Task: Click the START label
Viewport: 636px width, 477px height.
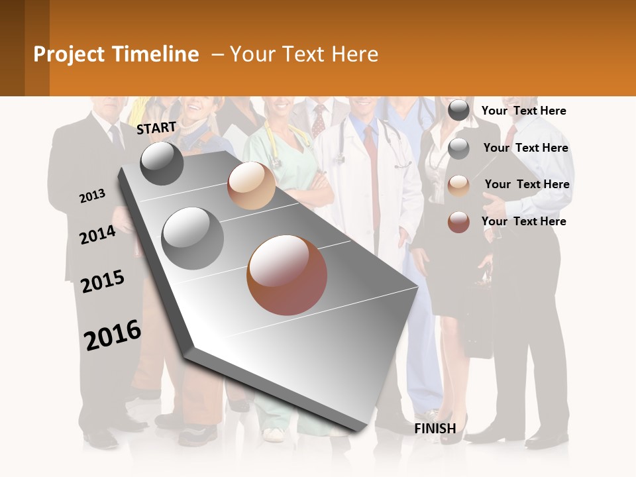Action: (x=156, y=128)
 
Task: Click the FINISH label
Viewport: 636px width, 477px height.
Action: (x=435, y=429)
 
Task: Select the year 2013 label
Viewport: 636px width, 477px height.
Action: (x=92, y=196)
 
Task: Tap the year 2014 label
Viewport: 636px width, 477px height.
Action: (x=97, y=235)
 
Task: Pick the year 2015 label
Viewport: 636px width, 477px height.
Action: (x=103, y=282)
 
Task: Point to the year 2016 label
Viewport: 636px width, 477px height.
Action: (x=113, y=335)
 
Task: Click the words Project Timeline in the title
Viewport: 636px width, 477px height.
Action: (x=116, y=54)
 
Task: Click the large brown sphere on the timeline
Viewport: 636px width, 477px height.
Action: (x=287, y=275)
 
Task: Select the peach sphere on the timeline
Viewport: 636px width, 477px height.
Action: (x=251, y=185)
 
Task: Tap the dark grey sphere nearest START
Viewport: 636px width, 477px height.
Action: (x=162, y=164)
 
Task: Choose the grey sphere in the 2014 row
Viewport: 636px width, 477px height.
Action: (x=193, y=238)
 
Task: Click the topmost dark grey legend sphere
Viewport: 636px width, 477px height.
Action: (x=458, y=111)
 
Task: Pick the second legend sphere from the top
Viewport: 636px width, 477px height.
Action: (x=458, y=148)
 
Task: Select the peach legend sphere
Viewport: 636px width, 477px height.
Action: (x=458, y=185)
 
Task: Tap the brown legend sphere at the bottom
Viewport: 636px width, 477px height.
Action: (x=458, y=222)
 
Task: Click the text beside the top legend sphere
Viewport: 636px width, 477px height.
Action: (x=524, y=111)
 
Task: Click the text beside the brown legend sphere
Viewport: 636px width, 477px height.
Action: (x=524, y=221)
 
